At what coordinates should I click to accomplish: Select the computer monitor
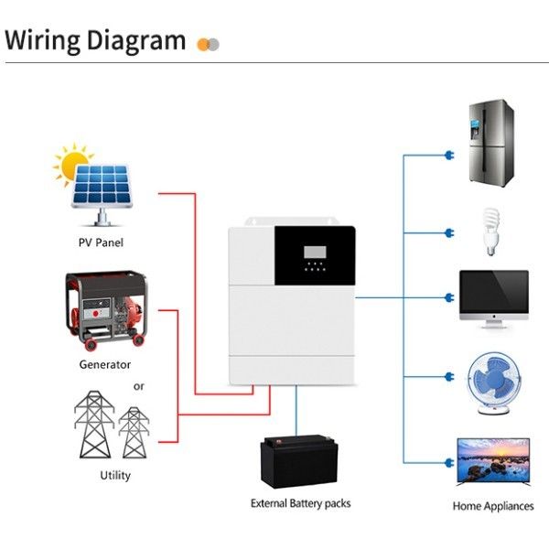[493, 297]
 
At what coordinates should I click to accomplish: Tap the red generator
[104, 310]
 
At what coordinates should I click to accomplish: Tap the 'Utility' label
[115, 475]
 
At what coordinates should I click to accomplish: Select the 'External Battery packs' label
[300, 503]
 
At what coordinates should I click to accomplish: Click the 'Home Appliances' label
[493, 506]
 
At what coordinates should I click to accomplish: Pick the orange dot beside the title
[202, 43]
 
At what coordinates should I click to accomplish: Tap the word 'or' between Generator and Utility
[139, 385]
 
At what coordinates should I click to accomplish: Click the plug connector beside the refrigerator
[449, 155]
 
